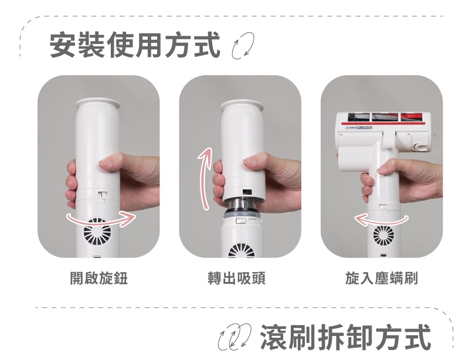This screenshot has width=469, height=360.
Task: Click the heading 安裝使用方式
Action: pyautogui.click(x=135, y=45)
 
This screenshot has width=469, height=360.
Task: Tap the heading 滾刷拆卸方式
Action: pyautogui.click(x=346, y=337)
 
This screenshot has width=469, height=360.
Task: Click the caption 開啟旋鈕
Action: pyautogui.click(x=99, y=278)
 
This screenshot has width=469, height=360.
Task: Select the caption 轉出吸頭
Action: pyautogui.click(x=237, y=278)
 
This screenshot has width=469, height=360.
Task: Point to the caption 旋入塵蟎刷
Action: pyautogui.click(x=382, y=278)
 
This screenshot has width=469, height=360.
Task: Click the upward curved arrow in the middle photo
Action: pyautogui.click(x=203, y=179)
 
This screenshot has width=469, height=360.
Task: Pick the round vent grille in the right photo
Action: pyautogui.click(x=383, y=235)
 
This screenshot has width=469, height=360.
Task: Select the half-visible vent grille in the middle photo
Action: pyautogui.click(x=242, y=251)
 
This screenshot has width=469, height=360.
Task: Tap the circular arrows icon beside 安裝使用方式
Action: pyautogui.click(x=243, y=46)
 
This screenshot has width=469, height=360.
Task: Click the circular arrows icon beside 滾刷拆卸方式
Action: pyautogui.click(x=235, y=337)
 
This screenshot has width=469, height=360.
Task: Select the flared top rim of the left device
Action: pyautogui.click(x=97, y=103)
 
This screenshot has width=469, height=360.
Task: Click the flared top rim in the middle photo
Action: pyautogui.click(x=242, y=106)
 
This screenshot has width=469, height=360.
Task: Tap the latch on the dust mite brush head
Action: pyautogui.click(x=420, y=147)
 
